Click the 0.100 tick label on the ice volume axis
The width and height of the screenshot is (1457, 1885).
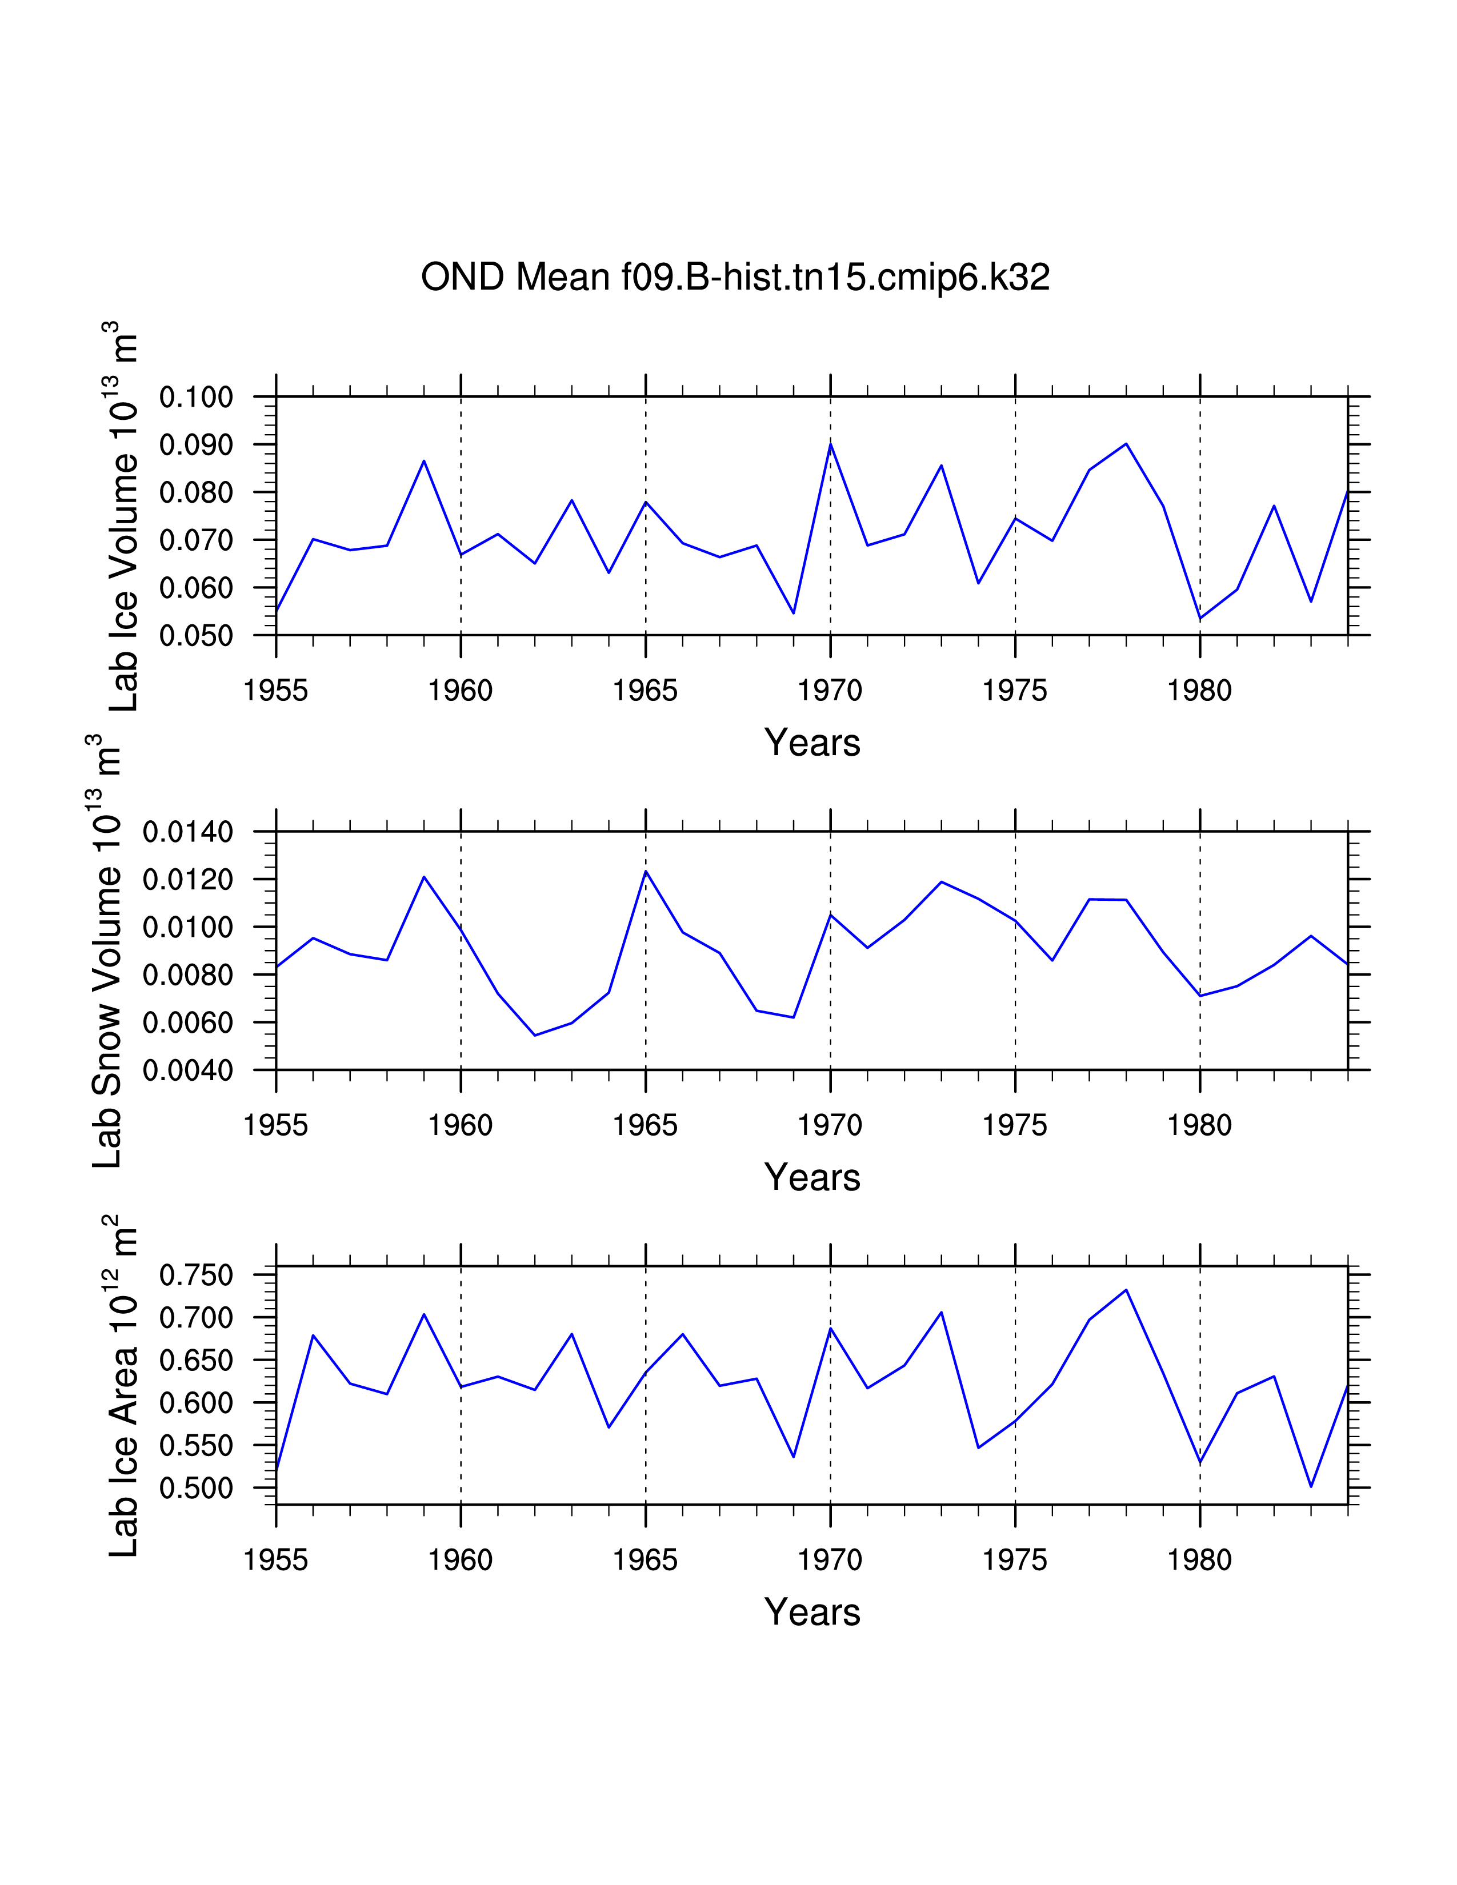click(x=196, y=398)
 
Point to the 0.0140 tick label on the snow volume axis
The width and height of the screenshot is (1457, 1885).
click(x=187, y=833)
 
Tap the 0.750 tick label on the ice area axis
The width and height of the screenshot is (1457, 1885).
click(x=196, y=1275)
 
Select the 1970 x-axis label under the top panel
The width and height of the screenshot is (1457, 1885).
click(x=830, y=691)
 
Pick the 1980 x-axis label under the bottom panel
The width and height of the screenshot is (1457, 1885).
click(x=1199, y=1561)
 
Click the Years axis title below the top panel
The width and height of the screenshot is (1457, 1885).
click(x=812, y=743)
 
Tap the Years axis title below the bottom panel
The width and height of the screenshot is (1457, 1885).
click(x=812, y=1613)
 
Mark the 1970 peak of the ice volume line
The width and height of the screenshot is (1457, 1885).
click(x=830, y=444)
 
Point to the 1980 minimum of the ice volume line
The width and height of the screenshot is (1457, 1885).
click(x=1200, y=619)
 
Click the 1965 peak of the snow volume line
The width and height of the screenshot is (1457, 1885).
click(x=646, y=872)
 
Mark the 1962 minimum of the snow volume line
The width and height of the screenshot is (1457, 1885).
click(x=535, y=1035)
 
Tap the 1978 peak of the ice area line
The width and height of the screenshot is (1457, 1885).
click(x=1126, y=1290)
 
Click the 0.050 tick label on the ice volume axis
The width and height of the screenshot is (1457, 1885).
click(x=196, y=636)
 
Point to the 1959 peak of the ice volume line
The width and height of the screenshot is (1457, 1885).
click(x=424, y=461)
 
